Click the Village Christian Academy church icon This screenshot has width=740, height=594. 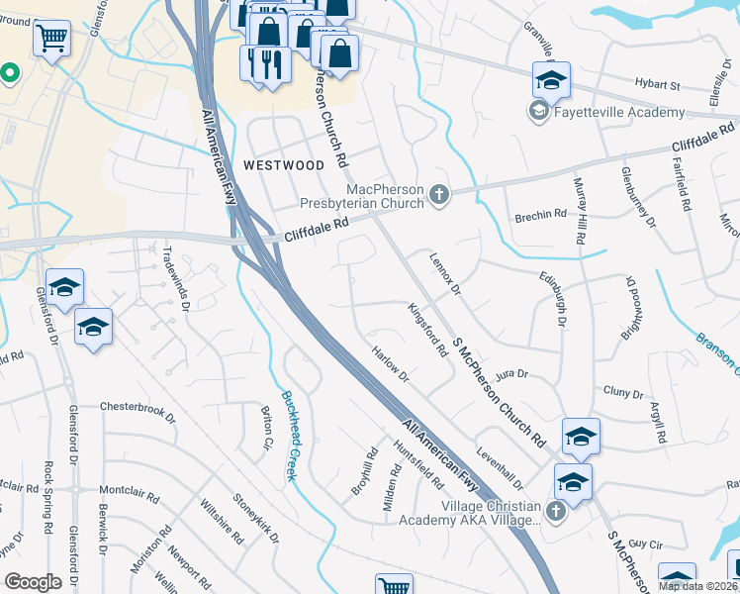tap(555, 511)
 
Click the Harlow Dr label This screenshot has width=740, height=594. tap(392, 364)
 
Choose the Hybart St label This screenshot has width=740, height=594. tap(660, 86)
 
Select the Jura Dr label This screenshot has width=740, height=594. tap(512, 374)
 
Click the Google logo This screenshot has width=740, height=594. tap(33, 581)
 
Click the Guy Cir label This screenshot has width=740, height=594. tap(644, 544)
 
